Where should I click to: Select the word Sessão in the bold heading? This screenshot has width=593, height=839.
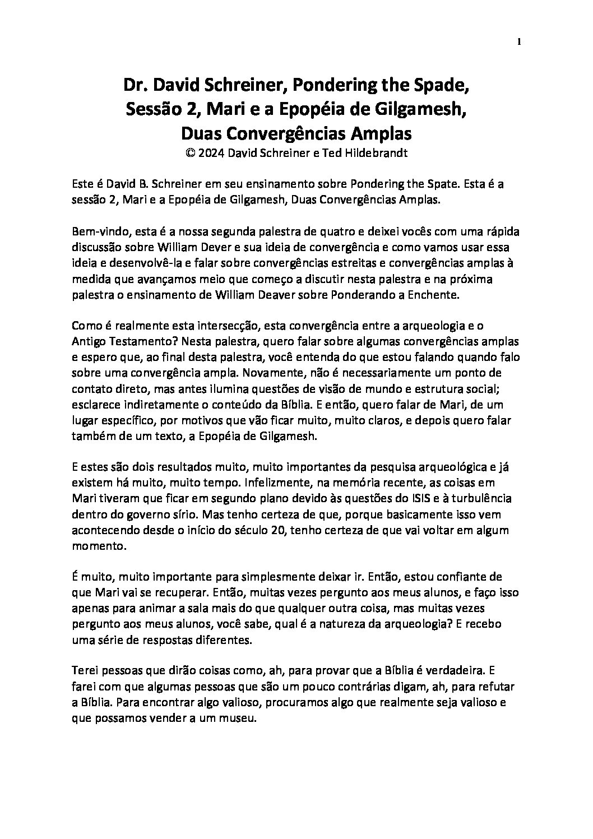(x=147, y=110)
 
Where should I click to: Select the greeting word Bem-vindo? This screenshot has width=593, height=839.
(x=99, y=231)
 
